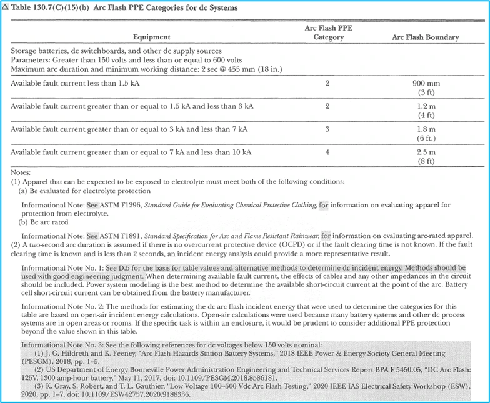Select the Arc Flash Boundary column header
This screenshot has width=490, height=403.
[x=425, y=37]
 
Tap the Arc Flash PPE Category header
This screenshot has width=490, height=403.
[x=328, y=32]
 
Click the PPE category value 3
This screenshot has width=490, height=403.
[x=327, y=129]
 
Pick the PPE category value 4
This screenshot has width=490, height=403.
[x=327, y=152]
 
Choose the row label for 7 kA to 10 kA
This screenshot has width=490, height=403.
[x=131, y=152]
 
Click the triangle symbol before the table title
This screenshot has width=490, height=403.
[x=6, y=7]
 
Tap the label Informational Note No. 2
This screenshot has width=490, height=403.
[x=61, y=307]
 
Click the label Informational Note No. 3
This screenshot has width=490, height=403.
[x=61, y=346]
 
